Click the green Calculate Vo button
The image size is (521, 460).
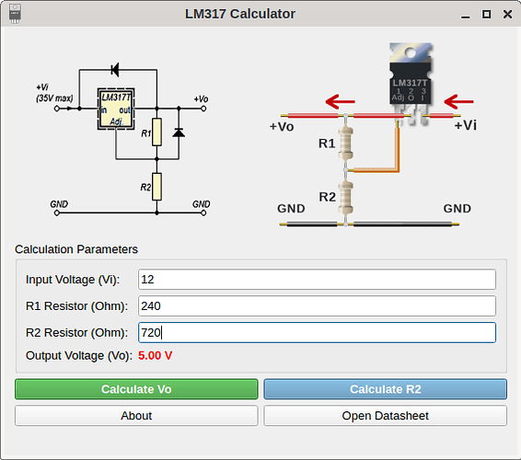click(136, 389)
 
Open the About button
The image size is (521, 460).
click(136, 416)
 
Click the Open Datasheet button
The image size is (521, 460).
click(385, 416)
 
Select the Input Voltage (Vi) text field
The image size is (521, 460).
click(317, 280)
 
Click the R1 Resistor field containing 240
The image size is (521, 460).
click(317, 305)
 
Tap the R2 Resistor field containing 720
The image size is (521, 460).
click(317, 332)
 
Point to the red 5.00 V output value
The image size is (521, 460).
click(156, 356)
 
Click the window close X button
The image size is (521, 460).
click(507, 15)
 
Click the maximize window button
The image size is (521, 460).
click(486, 15)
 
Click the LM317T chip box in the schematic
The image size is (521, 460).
click(116, 109)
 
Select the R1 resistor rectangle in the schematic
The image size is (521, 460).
click(156, 132)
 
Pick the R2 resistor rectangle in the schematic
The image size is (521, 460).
click(156, 187)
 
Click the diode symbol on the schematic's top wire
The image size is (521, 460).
click(115, 70)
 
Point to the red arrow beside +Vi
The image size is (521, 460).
click(458, 101)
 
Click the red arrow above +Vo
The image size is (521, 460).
click(341, 101)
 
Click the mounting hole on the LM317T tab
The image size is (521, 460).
click(410, 52)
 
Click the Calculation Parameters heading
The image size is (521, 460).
click(76, 249)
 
